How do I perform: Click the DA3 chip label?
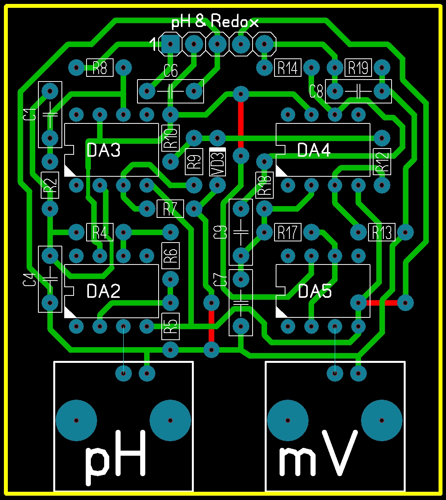pyautogui.click(x=103, y=150)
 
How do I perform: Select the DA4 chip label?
pyautogui.click(x=314, y=150)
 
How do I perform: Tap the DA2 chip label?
pyautogui.click(x=103, y=291)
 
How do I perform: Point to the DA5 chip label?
pyautogui.click(x=315, y=291)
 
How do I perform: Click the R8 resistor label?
pyautogui.click(x=100, y=68)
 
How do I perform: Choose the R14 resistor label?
pyautogui.click(x=288, y=68)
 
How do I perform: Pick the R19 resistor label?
pyautogui.click(x=358, y=68)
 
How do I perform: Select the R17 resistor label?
pyautogui.click(x=288, y=232)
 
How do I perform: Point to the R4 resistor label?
pyautogui.click(x=100, y=232)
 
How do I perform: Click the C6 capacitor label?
pyautogui.click(x=170, y=71)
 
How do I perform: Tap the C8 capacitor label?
pyautogui.click(x=316, y=92)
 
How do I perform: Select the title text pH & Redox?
pyautogui.click(x=215, y=22)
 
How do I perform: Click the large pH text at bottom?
pyautogui.click(x=116, y=457)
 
